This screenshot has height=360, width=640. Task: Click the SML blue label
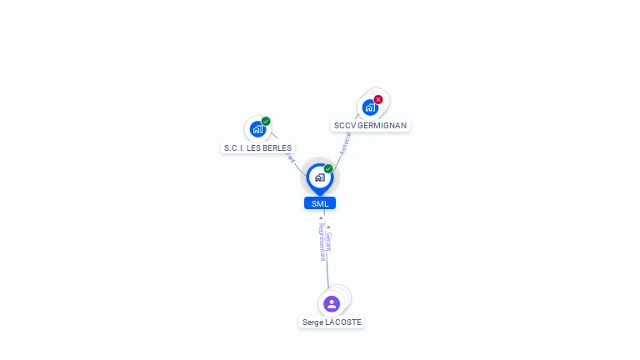(x=320, y=203)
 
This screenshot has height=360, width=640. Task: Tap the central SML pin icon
(x=319, y=177)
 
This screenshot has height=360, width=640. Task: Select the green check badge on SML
(x=328, y=168)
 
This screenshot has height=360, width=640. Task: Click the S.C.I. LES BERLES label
(x=257, y=148)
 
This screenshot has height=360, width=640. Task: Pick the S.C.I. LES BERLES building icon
(x=257, y=129)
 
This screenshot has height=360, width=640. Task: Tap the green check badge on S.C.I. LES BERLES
(x=266, y=121)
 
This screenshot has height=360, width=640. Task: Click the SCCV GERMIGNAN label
(x=370, y=126)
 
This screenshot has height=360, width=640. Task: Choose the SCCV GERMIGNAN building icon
(x=369, y=107)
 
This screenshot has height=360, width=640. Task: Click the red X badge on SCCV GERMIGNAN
(x=378, y=99)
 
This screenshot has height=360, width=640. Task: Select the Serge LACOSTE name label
(x=332, y=322)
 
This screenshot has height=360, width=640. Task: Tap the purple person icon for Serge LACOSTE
(x=332, y=303)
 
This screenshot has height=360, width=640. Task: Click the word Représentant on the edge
(x=322, y=242)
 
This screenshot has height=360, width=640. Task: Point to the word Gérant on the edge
(x=329, y=241)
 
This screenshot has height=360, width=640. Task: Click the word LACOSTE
(x=343, y=322)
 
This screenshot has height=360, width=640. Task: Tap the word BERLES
(x=276, y=148)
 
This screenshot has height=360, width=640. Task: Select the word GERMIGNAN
(x=382, y=126)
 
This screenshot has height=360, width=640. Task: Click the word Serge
(x=313, y=322)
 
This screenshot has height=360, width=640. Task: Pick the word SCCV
(x=344, y=126)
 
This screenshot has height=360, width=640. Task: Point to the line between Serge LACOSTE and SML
(x=327, y=275)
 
